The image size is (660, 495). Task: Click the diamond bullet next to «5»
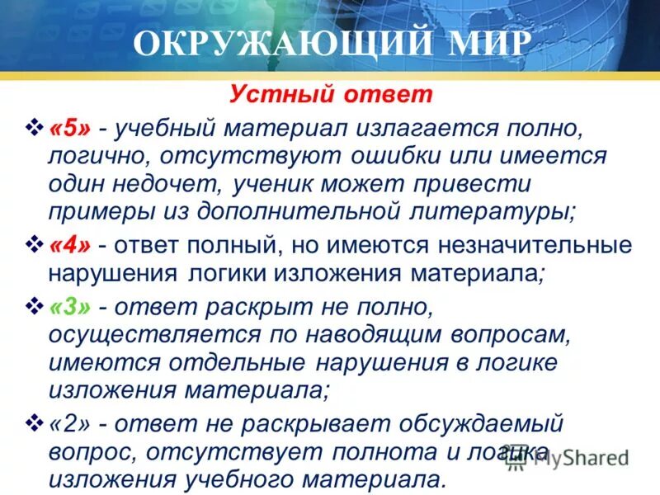coord(35,129)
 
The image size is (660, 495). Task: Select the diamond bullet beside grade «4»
coord(35,244)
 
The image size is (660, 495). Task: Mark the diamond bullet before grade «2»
coord(35,423)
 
